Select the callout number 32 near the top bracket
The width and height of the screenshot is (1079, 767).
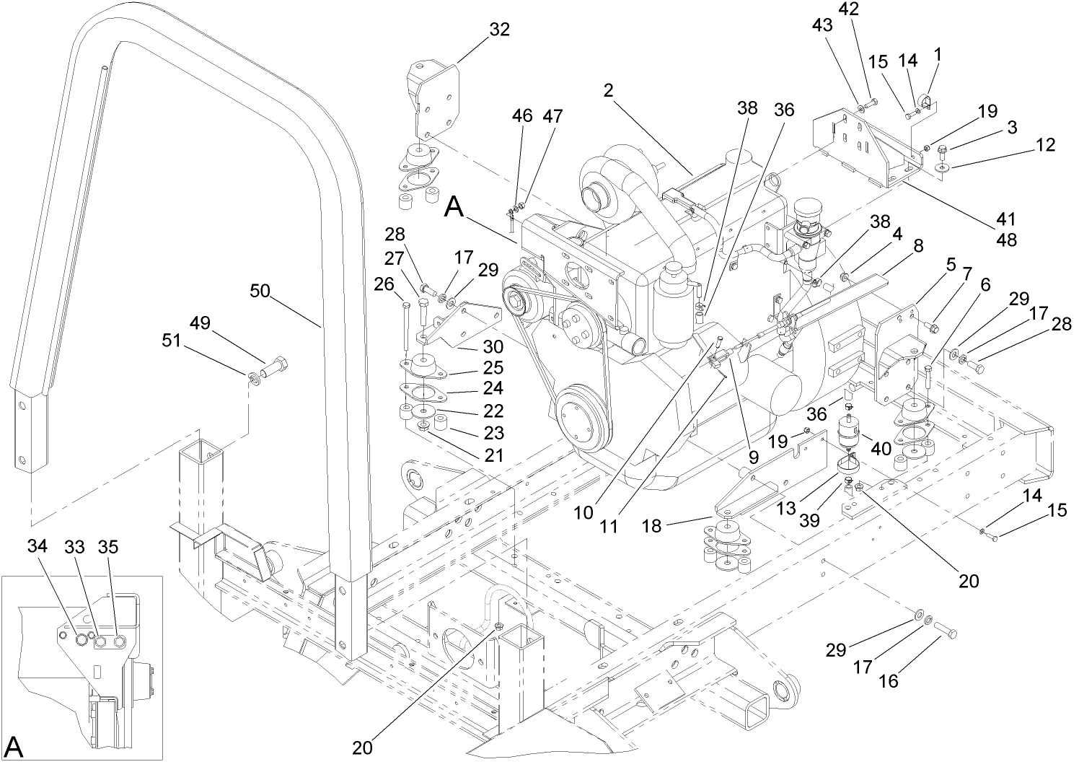point(498,30)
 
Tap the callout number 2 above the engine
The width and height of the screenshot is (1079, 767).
point(609,91)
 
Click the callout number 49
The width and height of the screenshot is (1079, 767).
point(200,323)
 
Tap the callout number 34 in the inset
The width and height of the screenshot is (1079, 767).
point(38,546)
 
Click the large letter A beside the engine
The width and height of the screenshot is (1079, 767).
point(454,208)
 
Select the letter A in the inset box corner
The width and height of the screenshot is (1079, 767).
point(14,748)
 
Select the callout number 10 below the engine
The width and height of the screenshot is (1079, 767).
point(584,513)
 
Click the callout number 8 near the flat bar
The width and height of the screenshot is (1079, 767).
point(917,245)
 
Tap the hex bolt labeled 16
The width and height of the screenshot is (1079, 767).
point(947,632)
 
